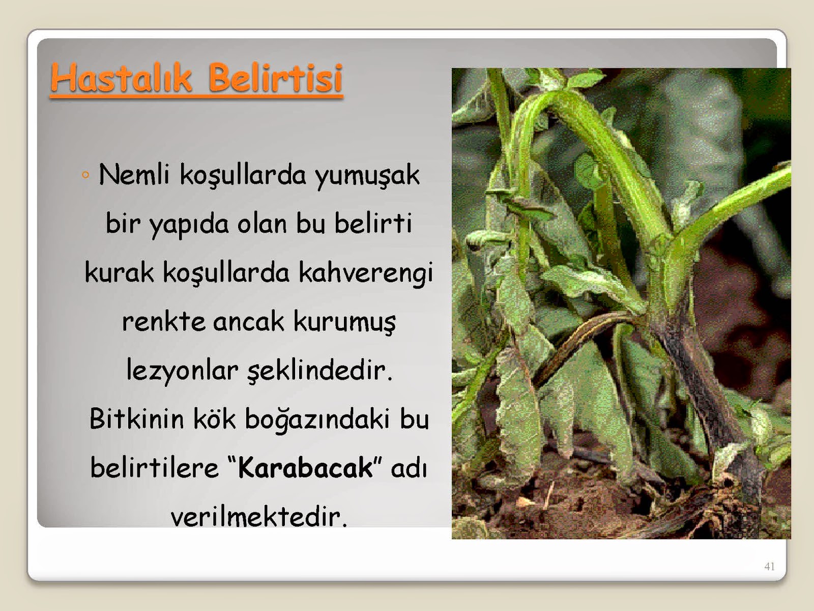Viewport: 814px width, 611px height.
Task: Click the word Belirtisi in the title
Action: pyautogui.click(x=275, y=77)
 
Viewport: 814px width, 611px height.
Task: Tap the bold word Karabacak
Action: pyautogui.click(x=305, y=467)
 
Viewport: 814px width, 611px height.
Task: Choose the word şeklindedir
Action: pyautogui.click(x=319, y=371)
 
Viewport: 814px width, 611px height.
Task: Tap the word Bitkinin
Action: pyautogui.click(x=136, y=419)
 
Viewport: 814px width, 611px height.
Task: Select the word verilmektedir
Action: pyautogui.click(x=259, y=516)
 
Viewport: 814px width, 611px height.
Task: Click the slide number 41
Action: pyautogui.click(x=770, y=567)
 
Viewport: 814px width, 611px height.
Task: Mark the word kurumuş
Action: pyautogui.click(x=344, y=322)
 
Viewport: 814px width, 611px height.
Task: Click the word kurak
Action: pyautogui.click(x=119, y=273)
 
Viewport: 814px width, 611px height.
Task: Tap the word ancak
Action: pyautogui.click(x=248, y=322)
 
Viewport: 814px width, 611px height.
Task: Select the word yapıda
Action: pyautogui.click(x=189, y=225)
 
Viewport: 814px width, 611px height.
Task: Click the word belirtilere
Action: pyautogui.click(x=155, y=467)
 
